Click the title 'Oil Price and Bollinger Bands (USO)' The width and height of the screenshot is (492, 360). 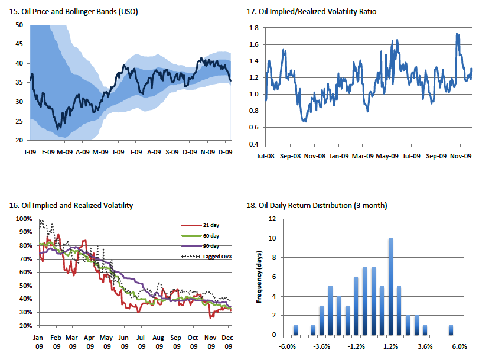tap(74, 11)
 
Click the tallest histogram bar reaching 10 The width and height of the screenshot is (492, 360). tap(390, 286)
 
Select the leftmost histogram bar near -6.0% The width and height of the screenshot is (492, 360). tap(295, 330)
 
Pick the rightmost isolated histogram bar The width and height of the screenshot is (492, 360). tap(451, 330)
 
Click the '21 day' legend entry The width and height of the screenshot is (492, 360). tap(207, 225)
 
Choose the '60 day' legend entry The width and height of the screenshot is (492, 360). tap(207, 235)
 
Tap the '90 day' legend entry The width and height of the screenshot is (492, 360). tap(207, 245)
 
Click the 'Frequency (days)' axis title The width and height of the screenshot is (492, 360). tap(258, 276)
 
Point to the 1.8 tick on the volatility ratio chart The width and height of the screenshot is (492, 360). tap(255, 28)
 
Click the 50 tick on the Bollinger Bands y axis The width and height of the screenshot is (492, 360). tap(19, 25)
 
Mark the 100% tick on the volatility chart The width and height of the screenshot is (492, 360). tap(24, 219)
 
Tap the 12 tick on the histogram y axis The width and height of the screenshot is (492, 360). tap(272, 219)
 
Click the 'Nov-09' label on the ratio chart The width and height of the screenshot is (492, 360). tap(461, 157)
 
